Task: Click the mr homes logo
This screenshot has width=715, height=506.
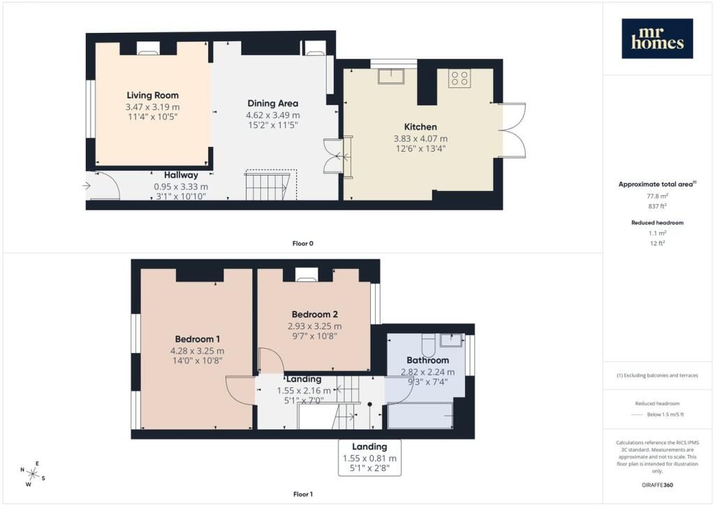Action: pos(657,38)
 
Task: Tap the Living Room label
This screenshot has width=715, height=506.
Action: pos(153,95)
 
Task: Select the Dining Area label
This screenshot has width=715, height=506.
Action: pos(273,103)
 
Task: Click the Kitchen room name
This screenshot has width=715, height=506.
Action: pos(420,127)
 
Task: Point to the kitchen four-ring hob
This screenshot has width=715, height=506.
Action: pos(459,78)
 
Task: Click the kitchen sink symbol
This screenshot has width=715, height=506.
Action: pos(391,76)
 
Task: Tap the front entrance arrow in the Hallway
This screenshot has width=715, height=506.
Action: pos(87,186)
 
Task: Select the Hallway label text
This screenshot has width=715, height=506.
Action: pos(181,175)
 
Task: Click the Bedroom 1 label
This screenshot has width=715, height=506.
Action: pos(198,339)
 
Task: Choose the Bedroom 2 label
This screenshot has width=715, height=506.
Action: pos(315,315)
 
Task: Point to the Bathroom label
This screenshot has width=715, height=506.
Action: pos(428,360)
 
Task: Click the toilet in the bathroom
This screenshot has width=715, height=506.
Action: pos(428,345)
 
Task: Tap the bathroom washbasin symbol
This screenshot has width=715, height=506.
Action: pos(452,340)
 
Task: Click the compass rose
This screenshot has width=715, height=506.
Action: pos(32,474)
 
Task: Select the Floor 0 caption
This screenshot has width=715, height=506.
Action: pos(303,243)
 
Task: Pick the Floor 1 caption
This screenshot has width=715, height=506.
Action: pos(303,494)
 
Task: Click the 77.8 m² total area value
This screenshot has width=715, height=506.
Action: pos(657,196)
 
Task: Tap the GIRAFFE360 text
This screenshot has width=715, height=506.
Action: pos(657,485)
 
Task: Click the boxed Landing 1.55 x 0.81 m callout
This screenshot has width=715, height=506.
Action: pos(370,458)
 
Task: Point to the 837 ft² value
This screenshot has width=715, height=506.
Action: pos(657,206)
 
